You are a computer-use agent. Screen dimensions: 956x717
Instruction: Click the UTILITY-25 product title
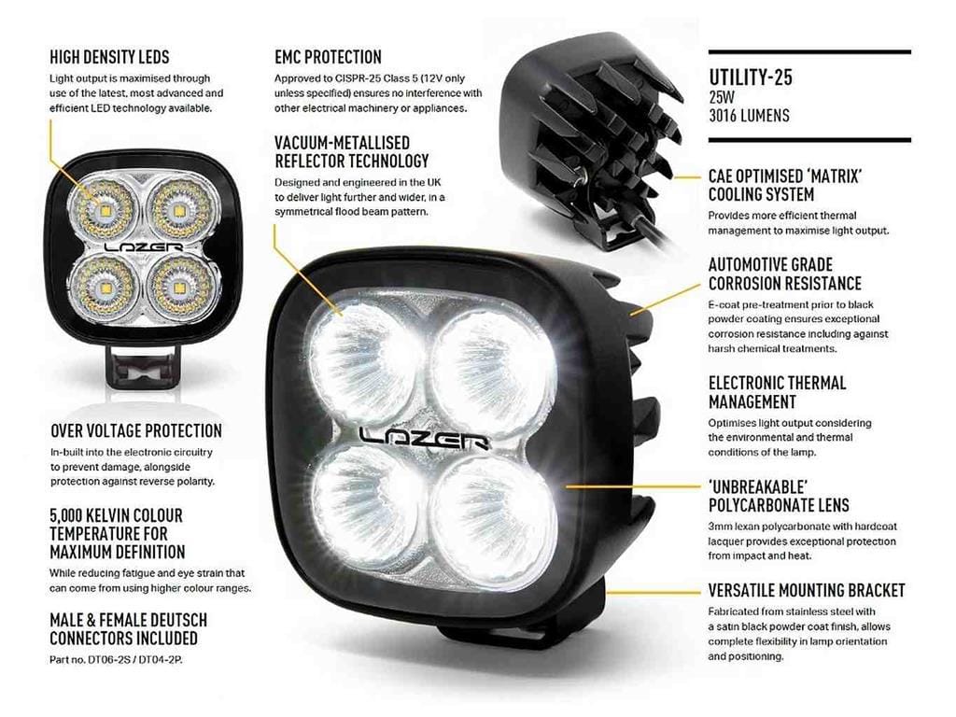(750, 77)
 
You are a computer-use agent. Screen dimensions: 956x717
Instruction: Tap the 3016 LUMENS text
(749, 115)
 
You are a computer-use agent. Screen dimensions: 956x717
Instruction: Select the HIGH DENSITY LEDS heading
(110, 57)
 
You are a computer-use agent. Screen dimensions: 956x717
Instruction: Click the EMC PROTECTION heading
(328, 57)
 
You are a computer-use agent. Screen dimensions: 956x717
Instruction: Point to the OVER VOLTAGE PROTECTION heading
(136, 431)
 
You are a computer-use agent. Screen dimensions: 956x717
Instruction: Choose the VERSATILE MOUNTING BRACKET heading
(807, 590)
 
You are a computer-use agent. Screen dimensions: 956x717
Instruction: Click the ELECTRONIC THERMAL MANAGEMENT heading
(778, 393)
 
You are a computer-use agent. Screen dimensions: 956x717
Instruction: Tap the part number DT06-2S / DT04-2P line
(116, 660)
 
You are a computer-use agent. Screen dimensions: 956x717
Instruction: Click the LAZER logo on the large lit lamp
(425, 438)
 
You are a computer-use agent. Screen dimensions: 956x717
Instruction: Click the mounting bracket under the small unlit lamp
(144, 366)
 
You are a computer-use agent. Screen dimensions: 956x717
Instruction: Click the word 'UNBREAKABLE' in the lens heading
(758, 487)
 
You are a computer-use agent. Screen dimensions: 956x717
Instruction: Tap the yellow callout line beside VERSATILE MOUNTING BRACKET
(654, 591)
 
